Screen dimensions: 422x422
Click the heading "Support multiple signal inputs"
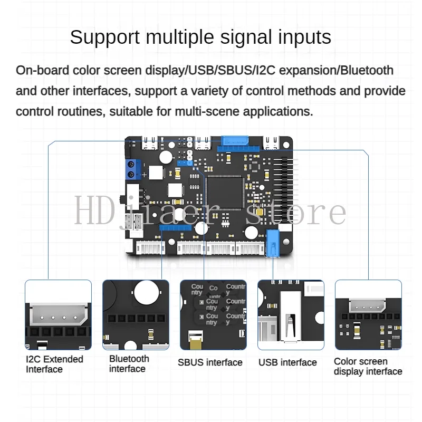coord(200,37)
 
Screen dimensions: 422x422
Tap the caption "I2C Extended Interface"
coord(54,364)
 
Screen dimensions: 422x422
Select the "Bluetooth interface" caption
coord(129,363)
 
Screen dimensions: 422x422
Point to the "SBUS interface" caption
coord(210,362)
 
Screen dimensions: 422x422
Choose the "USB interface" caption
coord(287,362)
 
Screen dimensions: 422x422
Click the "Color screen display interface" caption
coord(368,366)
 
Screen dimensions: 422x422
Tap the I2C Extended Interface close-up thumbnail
coord(58,314)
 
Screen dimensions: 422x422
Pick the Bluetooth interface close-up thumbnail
coord(136,314)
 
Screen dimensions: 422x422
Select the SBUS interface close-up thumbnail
coord(213,314)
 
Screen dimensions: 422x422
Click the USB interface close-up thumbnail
coord(291,314)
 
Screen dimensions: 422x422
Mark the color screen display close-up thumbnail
coord(368,314)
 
